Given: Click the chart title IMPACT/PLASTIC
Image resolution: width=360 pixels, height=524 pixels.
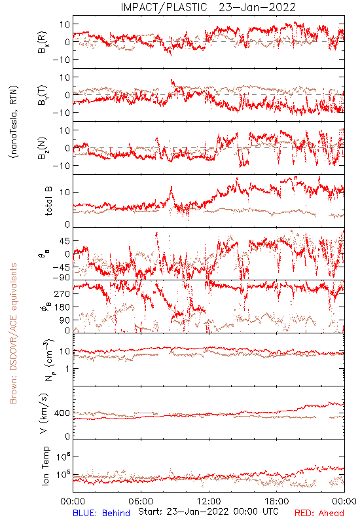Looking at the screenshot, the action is click(x=164, y=7).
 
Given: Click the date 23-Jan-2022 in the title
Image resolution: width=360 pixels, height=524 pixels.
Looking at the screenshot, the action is click(x=257, y=7).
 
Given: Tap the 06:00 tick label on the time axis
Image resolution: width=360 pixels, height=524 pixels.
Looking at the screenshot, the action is click(x=141, y=501).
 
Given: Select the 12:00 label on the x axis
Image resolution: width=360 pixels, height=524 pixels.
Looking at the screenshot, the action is click(x=209, y=501).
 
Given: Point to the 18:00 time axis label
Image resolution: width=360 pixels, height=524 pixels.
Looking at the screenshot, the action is click(x=277, y=501).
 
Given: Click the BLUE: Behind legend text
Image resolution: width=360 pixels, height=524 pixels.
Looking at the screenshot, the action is click(x=101, y=513).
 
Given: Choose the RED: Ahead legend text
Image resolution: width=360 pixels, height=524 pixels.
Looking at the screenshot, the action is click(x=319, y=513).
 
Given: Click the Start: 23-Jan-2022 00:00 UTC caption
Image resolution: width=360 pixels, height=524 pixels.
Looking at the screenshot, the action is click(x=208, y=512).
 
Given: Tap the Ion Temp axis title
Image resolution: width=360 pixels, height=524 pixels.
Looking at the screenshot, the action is click(x=46, y=466).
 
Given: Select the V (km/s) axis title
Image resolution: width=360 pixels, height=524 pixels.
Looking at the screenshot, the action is click(x=44, y=413).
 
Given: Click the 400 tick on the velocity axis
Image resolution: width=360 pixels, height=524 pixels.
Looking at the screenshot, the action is click(x=62, y=413).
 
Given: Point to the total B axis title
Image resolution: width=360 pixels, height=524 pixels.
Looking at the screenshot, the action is click(x=48, y=201).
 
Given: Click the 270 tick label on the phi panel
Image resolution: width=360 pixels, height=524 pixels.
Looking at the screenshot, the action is click(x=62, y=293).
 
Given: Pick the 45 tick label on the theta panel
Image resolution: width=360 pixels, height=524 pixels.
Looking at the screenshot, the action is click(x=65, y=241).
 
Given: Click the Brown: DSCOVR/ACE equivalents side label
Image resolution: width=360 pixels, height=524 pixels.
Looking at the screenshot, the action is click(x=13, y=333).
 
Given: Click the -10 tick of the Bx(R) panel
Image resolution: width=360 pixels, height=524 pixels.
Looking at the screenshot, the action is click(x=61, y=60).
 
